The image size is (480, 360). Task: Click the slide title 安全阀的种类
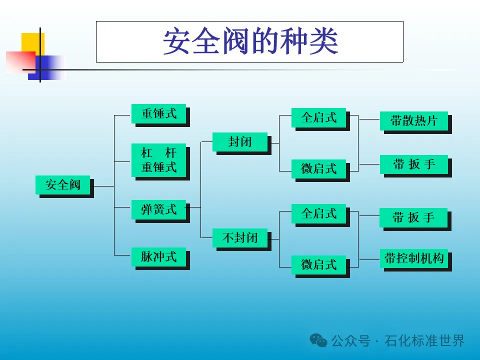pyautogui.click(x=249, y=41)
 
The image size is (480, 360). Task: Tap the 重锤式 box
pyautogui.click(x=158, y=113)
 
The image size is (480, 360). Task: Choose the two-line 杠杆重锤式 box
pyautogui.click(x=158, y=159)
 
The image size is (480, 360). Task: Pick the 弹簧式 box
pyautogui.click(x=158, y=209)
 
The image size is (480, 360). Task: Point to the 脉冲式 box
pyautogui.click(x=158, y=256)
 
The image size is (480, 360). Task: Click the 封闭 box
pyautogui.click(x=240, y=141)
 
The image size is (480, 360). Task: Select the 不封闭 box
pyautogui.click(x=240, y=237)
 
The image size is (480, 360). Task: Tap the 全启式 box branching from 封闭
pyautogui.click(x=318, y=117)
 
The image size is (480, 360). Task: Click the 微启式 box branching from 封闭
pyautogui.click(x=318, y=168)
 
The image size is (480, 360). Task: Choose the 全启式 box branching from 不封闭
pyautogui.click(x=318, y=213)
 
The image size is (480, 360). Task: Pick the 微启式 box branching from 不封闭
pyautogui.click(x=318, y=264)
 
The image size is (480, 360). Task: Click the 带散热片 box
pyautogui.click(x=413, y=120)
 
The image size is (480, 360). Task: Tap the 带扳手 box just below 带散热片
pyautogui.click(x=413, y=164)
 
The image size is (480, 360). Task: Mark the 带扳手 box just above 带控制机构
pyautogui.click(x=413, y=217)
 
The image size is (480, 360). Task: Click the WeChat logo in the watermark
pyautogui.click(x=318, y=340)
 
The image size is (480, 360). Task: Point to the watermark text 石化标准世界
pyautogui.click(x=424, y=341)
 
